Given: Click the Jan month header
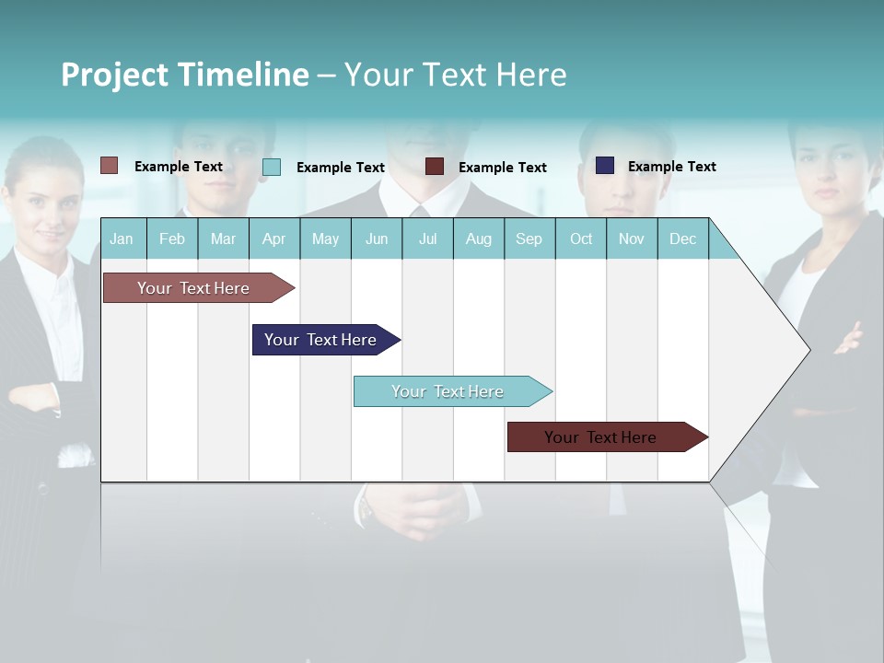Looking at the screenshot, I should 122,238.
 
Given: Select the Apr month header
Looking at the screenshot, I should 273,238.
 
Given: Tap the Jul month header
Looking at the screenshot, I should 427,238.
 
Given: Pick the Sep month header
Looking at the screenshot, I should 529,238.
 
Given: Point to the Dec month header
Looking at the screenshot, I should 682,238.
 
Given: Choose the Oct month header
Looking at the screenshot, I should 581,238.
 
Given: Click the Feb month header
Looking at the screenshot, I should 172,238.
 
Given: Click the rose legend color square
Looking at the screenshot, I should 110,166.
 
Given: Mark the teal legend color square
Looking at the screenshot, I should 272,167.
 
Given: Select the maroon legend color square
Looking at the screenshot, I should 435,167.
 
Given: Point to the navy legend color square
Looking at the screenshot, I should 605,166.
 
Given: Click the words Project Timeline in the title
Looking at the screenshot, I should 185,75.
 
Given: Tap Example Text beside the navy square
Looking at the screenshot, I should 671,167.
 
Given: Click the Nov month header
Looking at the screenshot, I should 631,238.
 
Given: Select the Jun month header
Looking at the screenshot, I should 377,238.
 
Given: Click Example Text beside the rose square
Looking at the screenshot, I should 179,167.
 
